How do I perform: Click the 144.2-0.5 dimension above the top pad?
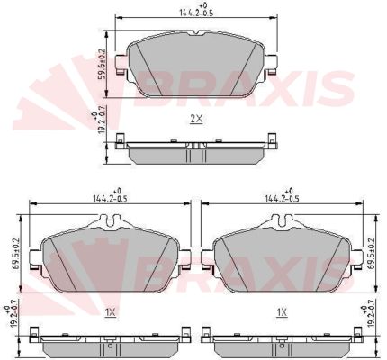[196, 13]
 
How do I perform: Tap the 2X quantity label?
[196, 119]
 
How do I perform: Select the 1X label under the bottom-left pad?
[111, 312]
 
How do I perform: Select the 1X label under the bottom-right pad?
[282, 312]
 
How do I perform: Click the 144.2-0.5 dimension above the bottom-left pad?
[110, 199]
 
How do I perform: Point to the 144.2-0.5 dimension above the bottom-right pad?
[282, 199]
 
